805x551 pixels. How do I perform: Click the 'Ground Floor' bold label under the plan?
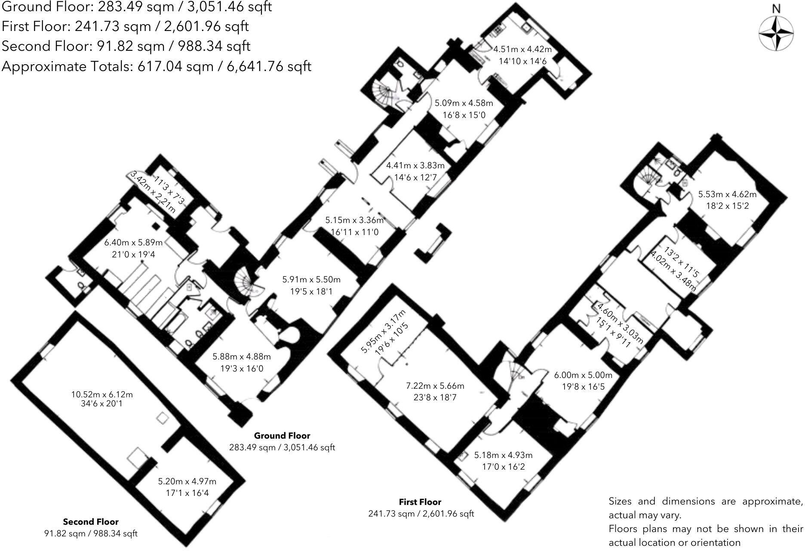click(x=282, y=436)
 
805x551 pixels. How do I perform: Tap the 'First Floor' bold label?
click(x=420, y=502)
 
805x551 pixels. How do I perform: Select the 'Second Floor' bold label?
click(x=91, y=522)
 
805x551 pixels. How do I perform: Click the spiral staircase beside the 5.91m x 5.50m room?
click(x=245, y=284)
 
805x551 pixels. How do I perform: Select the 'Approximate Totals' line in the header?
click(x=156, y=66)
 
